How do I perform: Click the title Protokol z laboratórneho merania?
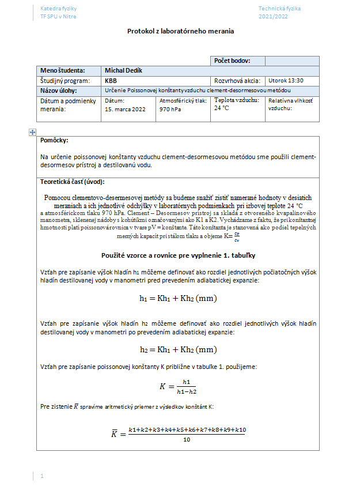tap(180, 31)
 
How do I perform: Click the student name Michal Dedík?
tap(123, 70)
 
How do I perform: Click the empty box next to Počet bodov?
tap(292, 61)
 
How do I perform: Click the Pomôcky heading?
tap(55, 140)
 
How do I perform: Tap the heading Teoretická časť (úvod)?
tap(73, 182)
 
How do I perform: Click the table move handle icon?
tap(32, 132)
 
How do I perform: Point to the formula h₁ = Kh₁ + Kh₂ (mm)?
tap(178, 298)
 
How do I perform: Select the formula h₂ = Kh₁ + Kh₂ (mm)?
tap(178, 349)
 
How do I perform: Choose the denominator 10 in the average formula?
tap(187, 440)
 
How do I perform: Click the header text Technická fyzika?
tap(279, 9)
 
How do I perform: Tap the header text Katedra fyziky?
tap(58, 9)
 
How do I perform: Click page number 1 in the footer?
tap(42, 476)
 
